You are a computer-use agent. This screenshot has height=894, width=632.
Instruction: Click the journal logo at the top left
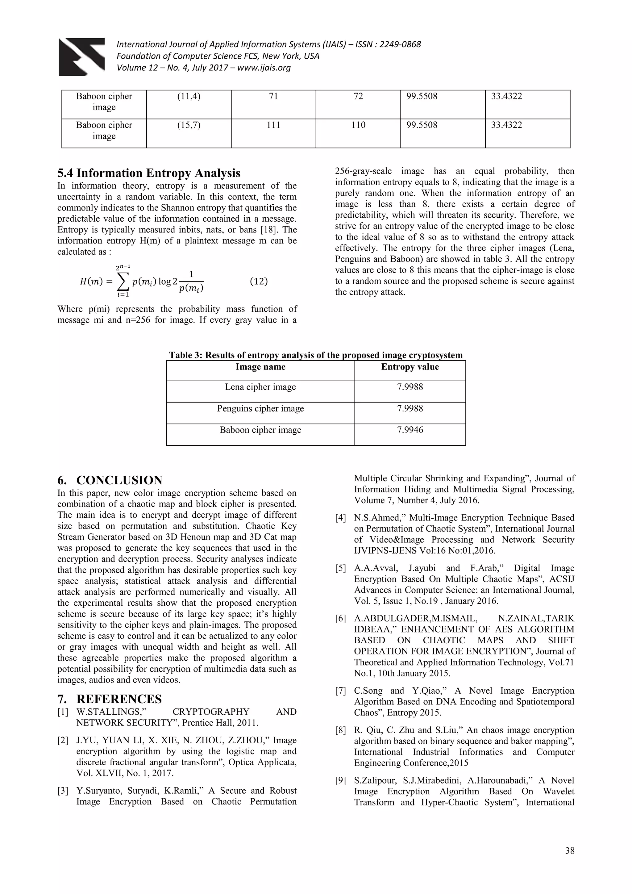82,57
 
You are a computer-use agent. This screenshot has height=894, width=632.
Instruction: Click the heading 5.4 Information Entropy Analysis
149,173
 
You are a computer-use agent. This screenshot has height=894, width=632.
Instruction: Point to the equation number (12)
258,281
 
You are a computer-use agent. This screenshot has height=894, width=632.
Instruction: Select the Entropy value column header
410,367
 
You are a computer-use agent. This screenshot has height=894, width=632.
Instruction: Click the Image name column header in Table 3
260,367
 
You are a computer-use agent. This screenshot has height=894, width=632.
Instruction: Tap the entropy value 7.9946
410,430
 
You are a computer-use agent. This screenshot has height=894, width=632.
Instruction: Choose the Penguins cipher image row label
260,408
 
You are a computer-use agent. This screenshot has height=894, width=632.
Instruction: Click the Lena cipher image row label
260,387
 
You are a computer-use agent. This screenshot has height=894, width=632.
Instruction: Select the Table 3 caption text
316,355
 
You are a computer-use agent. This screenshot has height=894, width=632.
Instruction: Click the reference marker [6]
340,618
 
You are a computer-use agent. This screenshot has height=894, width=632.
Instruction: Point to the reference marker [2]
63,740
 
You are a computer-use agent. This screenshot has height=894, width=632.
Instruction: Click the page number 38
570,851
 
